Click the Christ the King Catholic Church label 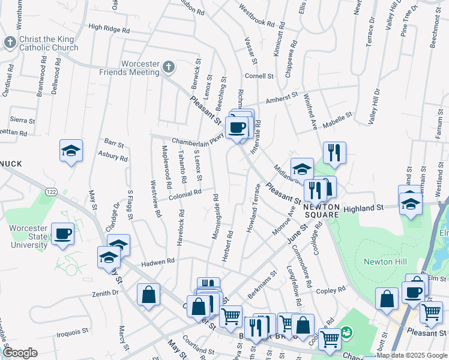[x=48, y=43]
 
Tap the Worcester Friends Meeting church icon [x=169, y=67]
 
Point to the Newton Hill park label [x=385, y=262]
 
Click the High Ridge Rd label [x=109, y=28]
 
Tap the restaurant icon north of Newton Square [x=334, y=152]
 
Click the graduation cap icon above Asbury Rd [x=71, y=151]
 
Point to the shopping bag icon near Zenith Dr [x=148, y=295]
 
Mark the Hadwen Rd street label [x=157, y=262]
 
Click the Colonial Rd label [x=184, y=194]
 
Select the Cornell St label [x=259, y=76]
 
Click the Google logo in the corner [x=20, y=353]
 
